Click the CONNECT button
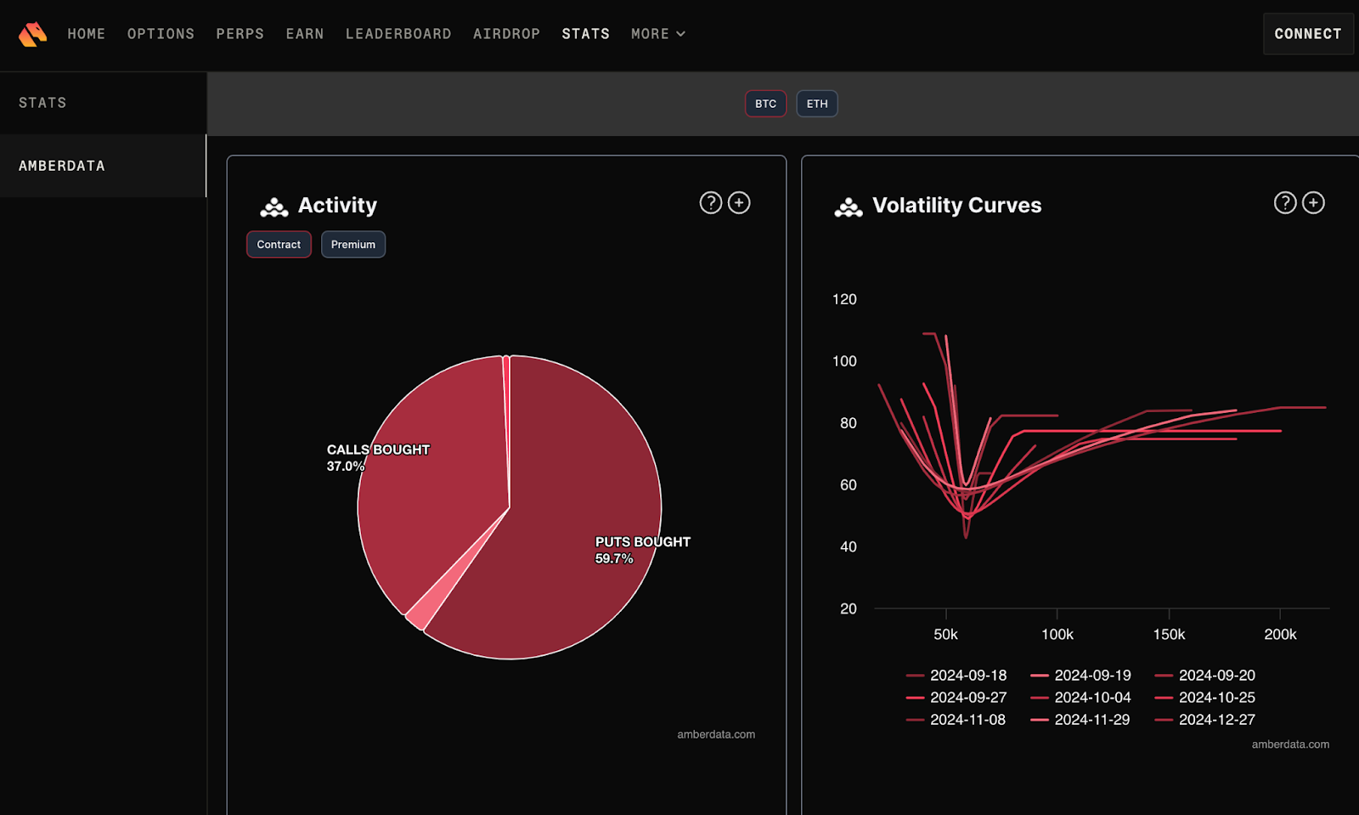(1307, 34)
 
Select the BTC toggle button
(765, 104)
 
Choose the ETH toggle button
(816, 104)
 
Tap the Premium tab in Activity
(352, 245)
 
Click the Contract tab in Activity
(279, 245)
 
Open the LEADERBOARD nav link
(398, 34)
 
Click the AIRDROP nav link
(506, 34)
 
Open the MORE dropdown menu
(657, 34)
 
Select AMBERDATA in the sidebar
(62, 166)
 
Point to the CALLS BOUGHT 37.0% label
(377, 457)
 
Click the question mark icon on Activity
(710, 203)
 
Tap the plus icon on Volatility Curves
(1313, 203)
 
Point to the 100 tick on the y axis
(844, 361)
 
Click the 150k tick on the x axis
(1169, 634)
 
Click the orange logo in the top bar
(32, 34)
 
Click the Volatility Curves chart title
(956, 206)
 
